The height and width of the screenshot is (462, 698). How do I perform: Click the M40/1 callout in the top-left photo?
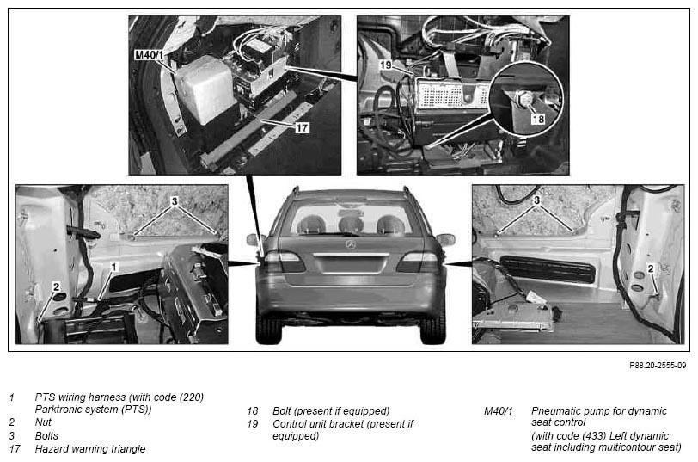[x=149, y=55]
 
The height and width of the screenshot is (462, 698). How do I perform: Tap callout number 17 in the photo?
[x=302, y=128]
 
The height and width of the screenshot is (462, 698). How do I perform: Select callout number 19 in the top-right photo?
[x=385, y=65]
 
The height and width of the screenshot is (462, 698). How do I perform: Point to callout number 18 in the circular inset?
[x=538, y=119]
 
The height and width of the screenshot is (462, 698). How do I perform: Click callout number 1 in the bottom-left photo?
[x=114, y=267]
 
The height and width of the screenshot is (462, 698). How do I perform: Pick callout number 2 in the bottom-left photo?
[x=56, y=286]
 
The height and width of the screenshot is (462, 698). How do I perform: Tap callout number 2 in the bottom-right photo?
[x=651, y=268]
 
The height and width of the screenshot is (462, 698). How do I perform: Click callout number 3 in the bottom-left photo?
[x=174, y=201]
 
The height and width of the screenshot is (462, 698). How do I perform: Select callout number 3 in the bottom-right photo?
[x=537, y=200]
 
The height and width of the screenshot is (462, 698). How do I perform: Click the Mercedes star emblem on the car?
[x=352, y=244]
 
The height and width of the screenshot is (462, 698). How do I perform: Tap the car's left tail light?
[x=284, y=262]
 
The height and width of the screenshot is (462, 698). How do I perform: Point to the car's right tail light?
[x=419, y=262]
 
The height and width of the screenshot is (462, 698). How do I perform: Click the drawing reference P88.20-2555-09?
[x=658, y=366]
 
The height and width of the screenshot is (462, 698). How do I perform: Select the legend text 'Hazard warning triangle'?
[x=90, y=448]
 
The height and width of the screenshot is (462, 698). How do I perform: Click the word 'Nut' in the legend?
[x=43, y=422]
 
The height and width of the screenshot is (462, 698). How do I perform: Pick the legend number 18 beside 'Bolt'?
[x=253, y=410]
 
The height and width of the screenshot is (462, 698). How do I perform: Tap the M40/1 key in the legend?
[x=498, y=410]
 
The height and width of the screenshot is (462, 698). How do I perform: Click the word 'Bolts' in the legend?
[x=46, y=435]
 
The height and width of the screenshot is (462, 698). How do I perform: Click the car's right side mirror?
[x=445, y=239]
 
